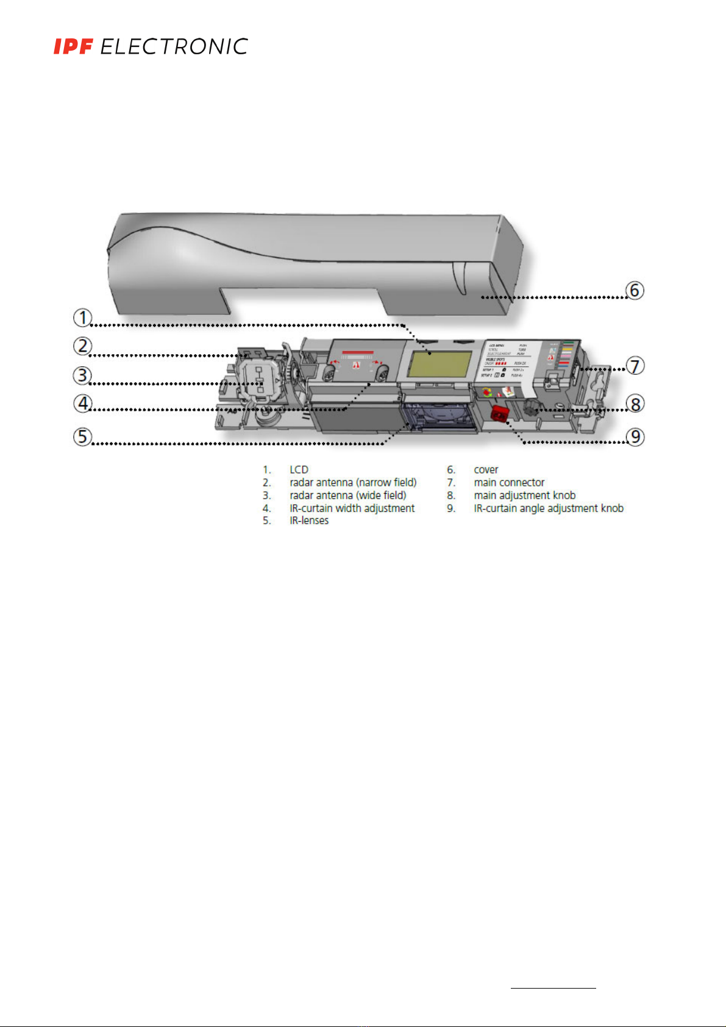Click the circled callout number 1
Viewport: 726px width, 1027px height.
(82, 318)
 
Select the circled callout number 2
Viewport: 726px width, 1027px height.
(82, 346)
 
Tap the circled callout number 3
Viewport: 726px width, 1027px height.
(82, 375)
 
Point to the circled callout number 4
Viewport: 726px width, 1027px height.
(82, 403)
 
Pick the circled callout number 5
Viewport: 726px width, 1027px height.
(82, 436)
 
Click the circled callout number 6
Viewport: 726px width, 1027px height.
(635, 290)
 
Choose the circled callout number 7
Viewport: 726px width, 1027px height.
(635, 366)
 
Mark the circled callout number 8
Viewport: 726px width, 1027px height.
(635, 403)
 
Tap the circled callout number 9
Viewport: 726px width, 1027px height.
(635, 436)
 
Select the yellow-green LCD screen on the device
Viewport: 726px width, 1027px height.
(440, 364)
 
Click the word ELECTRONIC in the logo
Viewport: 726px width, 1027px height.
(174, 47)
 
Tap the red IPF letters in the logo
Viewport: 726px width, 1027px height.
(73, 47)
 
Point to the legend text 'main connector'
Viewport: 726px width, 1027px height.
(509, 483)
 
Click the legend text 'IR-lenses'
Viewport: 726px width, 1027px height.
(309, 521)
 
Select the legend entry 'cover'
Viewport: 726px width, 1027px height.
(486, 470)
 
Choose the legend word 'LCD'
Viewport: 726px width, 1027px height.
(299, 470)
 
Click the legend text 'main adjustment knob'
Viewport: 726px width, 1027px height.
(524, 496)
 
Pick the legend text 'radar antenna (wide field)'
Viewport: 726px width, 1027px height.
(347, 496)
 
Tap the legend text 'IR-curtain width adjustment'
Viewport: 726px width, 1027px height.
(352, 508)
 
